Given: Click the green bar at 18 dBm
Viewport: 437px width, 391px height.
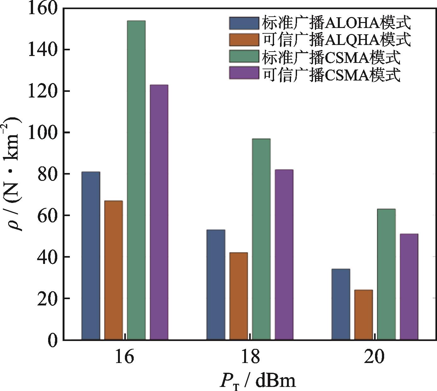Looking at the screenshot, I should tap(261, 239).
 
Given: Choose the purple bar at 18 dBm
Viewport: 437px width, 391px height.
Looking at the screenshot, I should tap(284, 254).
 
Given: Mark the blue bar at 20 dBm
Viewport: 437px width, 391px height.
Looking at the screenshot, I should tap(341, 304).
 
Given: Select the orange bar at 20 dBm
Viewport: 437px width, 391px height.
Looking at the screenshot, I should tap(363, 315).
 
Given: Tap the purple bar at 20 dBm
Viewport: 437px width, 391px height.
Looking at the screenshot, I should tap(409, 287).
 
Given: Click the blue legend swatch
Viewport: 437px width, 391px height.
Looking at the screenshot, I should tap(244, 23).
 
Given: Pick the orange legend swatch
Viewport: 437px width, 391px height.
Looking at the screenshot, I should tap(244, 40).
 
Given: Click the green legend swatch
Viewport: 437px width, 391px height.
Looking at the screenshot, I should tap(244, 56).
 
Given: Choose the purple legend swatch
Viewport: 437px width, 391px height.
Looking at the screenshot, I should tap(244, 73).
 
